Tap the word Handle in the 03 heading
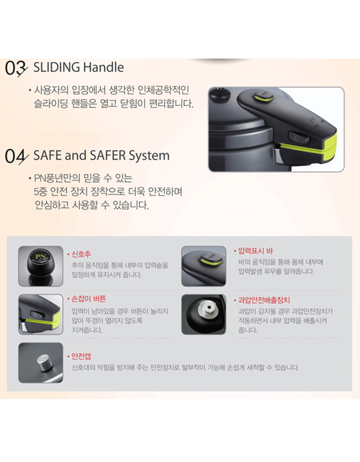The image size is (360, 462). [x=103, y=67]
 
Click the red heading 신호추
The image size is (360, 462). [x=81, y=254]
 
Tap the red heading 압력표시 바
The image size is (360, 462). [x=255, y=251]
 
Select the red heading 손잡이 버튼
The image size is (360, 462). [x=89, y=299]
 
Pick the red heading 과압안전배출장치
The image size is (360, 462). [x=264, y=300]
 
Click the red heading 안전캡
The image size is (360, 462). [x=81, y=356]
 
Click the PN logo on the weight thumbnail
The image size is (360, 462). [x=41, y=256]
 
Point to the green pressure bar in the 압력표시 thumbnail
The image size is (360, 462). [x=210, y=261]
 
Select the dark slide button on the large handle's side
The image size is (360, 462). [x=299, y=137]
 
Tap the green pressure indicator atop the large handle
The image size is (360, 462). [x=263, y=97]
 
